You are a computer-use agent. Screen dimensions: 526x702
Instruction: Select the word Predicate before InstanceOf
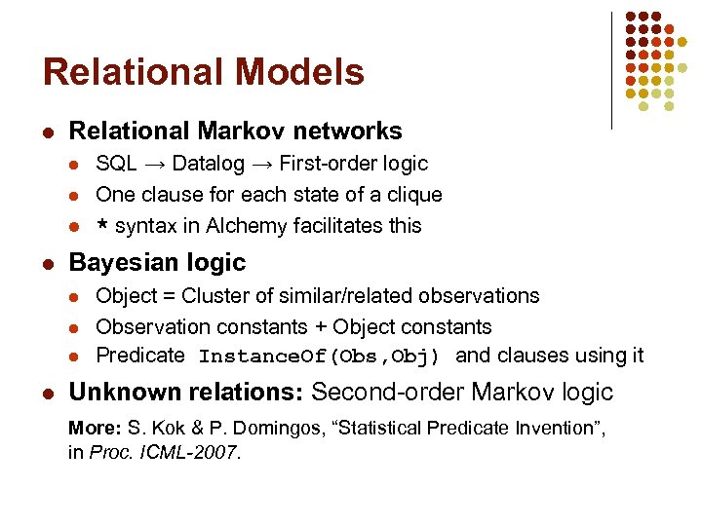click(140, 356)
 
